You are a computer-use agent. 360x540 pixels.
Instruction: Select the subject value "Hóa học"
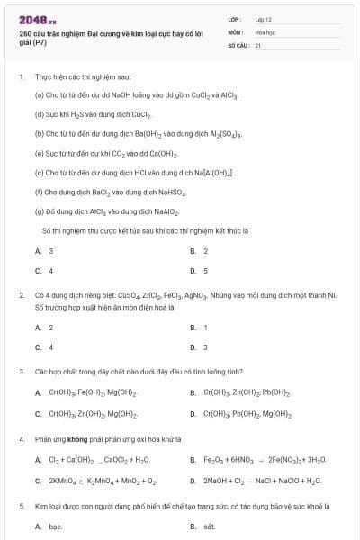pos(264,31)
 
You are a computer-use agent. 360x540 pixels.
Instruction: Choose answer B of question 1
pos(200,251)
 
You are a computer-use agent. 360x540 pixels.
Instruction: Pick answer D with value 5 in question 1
pos(200,270)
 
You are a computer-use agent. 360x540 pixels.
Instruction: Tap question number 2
pos(21,294)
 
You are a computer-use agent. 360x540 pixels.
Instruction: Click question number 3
pos(21,371)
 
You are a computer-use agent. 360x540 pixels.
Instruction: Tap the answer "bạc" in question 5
pos(55,526)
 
